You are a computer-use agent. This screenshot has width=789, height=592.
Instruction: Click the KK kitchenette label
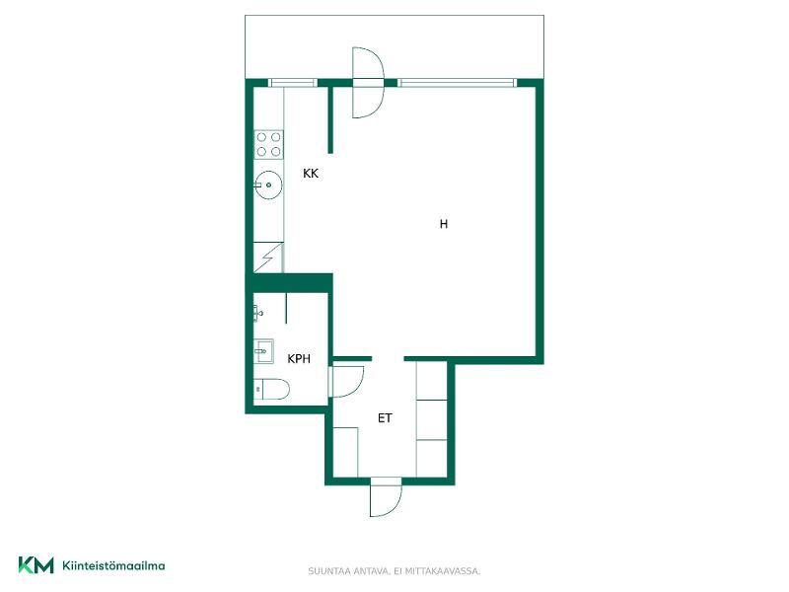point(311,174)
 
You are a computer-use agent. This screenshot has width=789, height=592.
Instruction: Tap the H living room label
point(443,224)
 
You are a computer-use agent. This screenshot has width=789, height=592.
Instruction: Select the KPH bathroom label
point(299,359)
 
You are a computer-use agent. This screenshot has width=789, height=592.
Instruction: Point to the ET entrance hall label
point(385,418)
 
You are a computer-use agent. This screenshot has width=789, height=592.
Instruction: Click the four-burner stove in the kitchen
point(268,144)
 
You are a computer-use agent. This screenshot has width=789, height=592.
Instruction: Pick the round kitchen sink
point(267,185)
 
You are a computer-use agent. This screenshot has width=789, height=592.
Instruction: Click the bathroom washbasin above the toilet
point(263,351)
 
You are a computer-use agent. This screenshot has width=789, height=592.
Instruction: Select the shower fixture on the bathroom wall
point(257,313)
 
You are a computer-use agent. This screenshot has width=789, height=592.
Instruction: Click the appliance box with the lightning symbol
point(268,258)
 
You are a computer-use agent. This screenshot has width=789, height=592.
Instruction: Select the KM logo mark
point(36,564)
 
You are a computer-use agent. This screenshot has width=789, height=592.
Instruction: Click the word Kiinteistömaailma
point(113,565)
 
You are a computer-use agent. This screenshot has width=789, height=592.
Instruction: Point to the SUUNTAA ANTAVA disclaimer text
point(394,571)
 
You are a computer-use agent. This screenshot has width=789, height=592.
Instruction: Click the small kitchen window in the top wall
point(293,83)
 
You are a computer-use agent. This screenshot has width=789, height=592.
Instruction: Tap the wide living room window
point(457,83)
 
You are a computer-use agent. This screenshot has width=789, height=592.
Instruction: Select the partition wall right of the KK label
point(330,119)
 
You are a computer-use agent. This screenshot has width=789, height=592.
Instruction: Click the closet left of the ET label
point(346,452)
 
